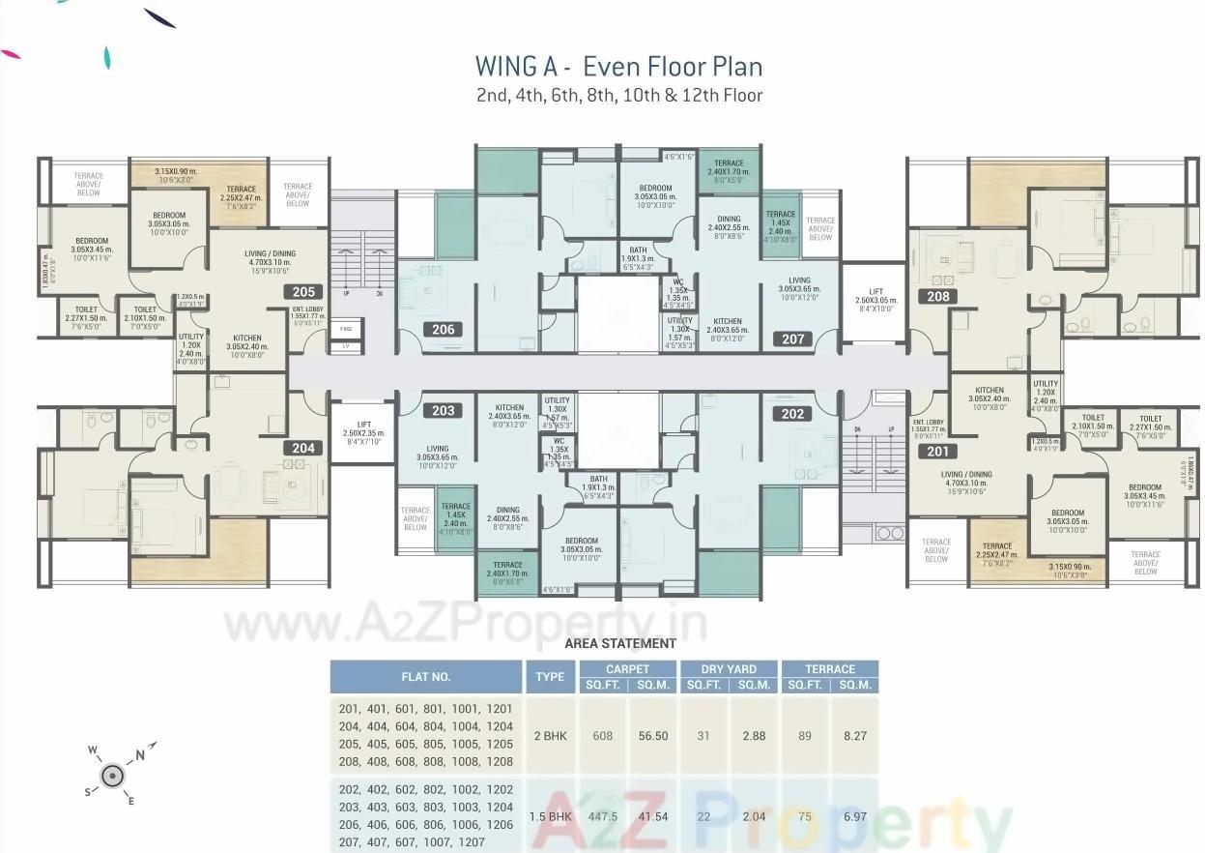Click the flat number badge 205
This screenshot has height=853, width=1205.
[x=303, y=292]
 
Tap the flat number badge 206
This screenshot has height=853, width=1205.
[x=443, y=330]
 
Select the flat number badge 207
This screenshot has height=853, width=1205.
[x=793, y=339]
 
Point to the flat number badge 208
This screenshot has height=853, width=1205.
[x=937, y=297]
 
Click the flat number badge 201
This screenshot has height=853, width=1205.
[x=937, y=451]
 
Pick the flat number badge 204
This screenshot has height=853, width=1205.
[x=303, y=448]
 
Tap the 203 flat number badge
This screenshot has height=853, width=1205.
[x=443, y=411]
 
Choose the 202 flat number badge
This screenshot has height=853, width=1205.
[x=792, y=414]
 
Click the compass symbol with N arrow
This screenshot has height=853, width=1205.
[x=113, y=774]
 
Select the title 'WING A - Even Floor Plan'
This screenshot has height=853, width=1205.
[x=618, y=66]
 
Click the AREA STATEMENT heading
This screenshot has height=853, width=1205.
[x=619, y=643]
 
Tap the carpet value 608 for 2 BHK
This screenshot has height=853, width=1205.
[x=602, y=736]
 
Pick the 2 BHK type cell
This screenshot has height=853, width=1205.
[x=550, y=736]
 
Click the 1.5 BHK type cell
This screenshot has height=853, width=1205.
[x=550, y=816]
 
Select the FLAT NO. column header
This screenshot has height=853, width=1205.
[x=426, y=677]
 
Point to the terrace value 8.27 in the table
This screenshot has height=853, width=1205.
[x=854, y=736]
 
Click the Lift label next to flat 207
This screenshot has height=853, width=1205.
[x=875, y=296]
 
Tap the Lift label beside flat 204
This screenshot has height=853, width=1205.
[x=363, y=427]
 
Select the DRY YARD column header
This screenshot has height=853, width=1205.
[x=729, y=669]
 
